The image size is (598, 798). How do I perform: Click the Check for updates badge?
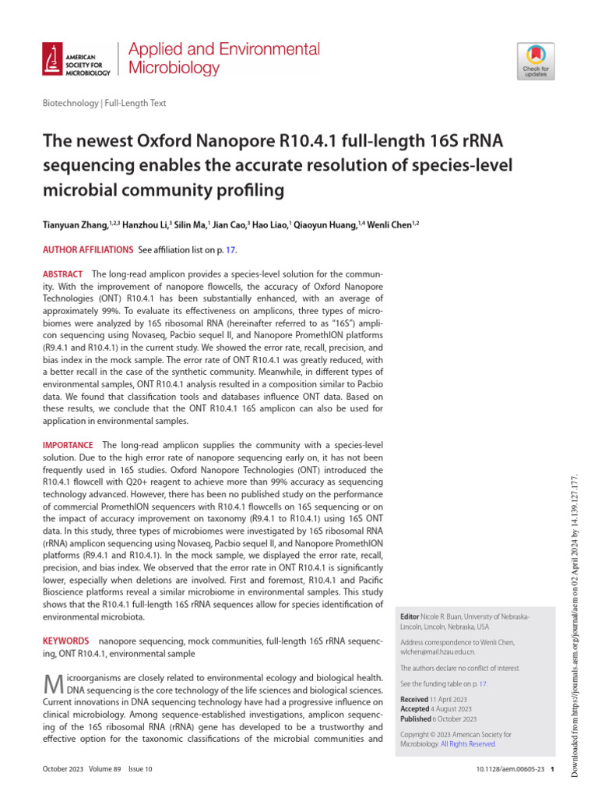tap(534, 60)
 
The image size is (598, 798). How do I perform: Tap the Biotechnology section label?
tap(69, 103)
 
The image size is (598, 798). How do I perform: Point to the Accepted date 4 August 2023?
tap(451, 709)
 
